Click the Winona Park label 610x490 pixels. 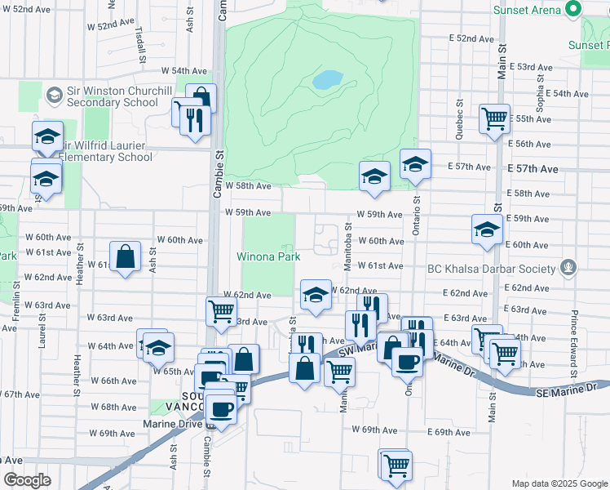coord(268,256)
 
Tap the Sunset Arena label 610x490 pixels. coord(527,10)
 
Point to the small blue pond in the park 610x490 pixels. coord(328,80)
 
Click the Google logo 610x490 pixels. coord(27,479)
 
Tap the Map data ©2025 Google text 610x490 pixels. coord(559,483)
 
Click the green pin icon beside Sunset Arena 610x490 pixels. coord(574,10)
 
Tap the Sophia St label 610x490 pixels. coord(539,86)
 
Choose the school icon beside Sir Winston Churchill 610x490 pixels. coord(55,96)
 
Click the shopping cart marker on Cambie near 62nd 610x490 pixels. coord(222,311)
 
